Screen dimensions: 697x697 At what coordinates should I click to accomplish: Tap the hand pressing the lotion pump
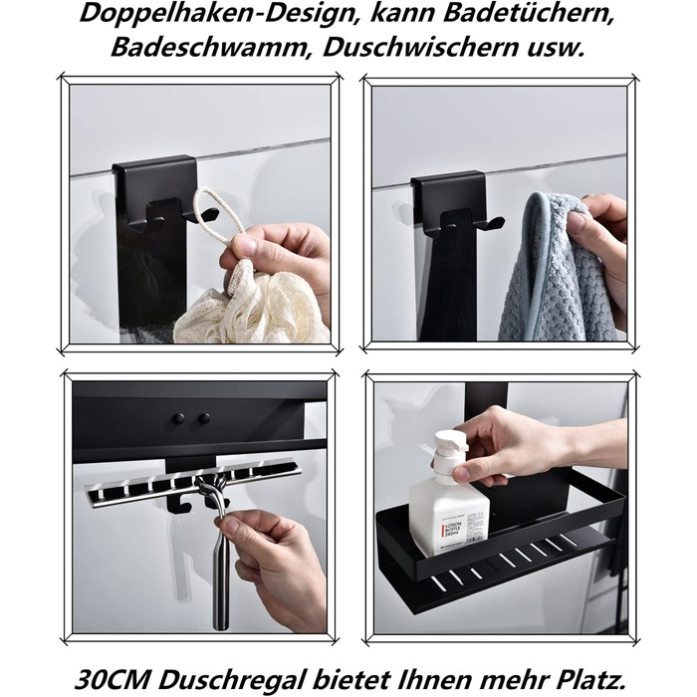[x=508, y=443]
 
